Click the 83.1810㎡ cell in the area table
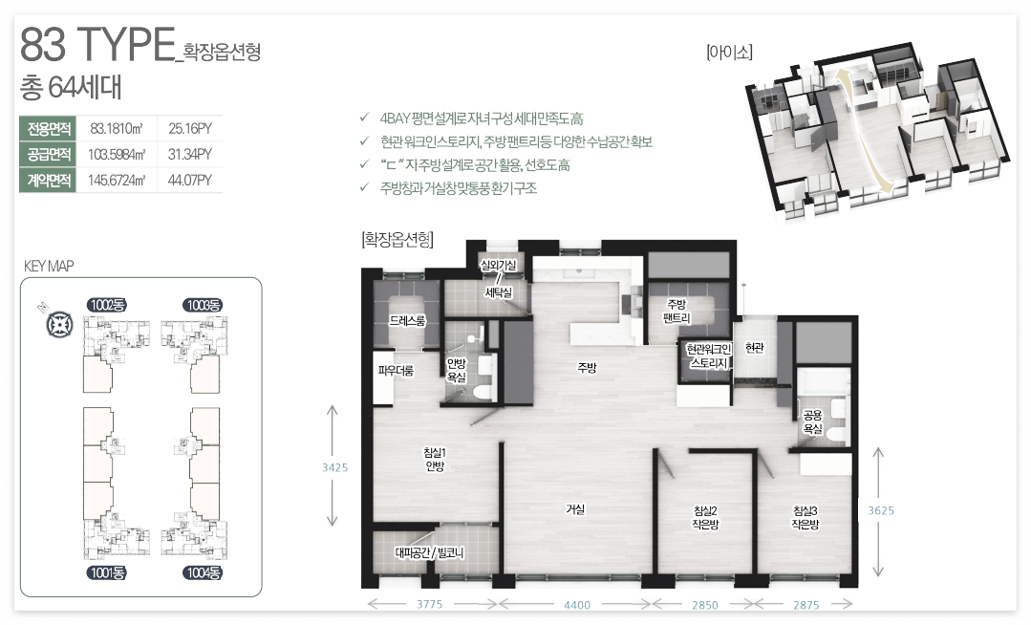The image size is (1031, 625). [117, 128]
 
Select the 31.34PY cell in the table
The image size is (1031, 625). [189, 154]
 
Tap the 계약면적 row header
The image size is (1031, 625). [49, 181]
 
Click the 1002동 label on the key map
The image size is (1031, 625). [106, 305]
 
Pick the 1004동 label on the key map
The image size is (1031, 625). [203, 573]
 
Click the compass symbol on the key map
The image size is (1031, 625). [59, 325]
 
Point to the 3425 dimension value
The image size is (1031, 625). [334, 467]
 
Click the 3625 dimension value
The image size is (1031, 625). [881, 510]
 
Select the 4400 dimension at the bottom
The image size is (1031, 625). [576, 605]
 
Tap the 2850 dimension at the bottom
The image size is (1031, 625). [705, 605]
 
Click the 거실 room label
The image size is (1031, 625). [575, 509]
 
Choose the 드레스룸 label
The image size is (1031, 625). [407, 320]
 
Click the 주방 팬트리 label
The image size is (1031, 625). [677, 312]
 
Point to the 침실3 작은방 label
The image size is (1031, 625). [805, 517]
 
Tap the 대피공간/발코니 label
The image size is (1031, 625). [429, 552]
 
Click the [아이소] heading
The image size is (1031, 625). [729, 52]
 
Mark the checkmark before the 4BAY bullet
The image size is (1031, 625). [364, 118]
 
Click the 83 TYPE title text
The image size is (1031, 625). [98, 44]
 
